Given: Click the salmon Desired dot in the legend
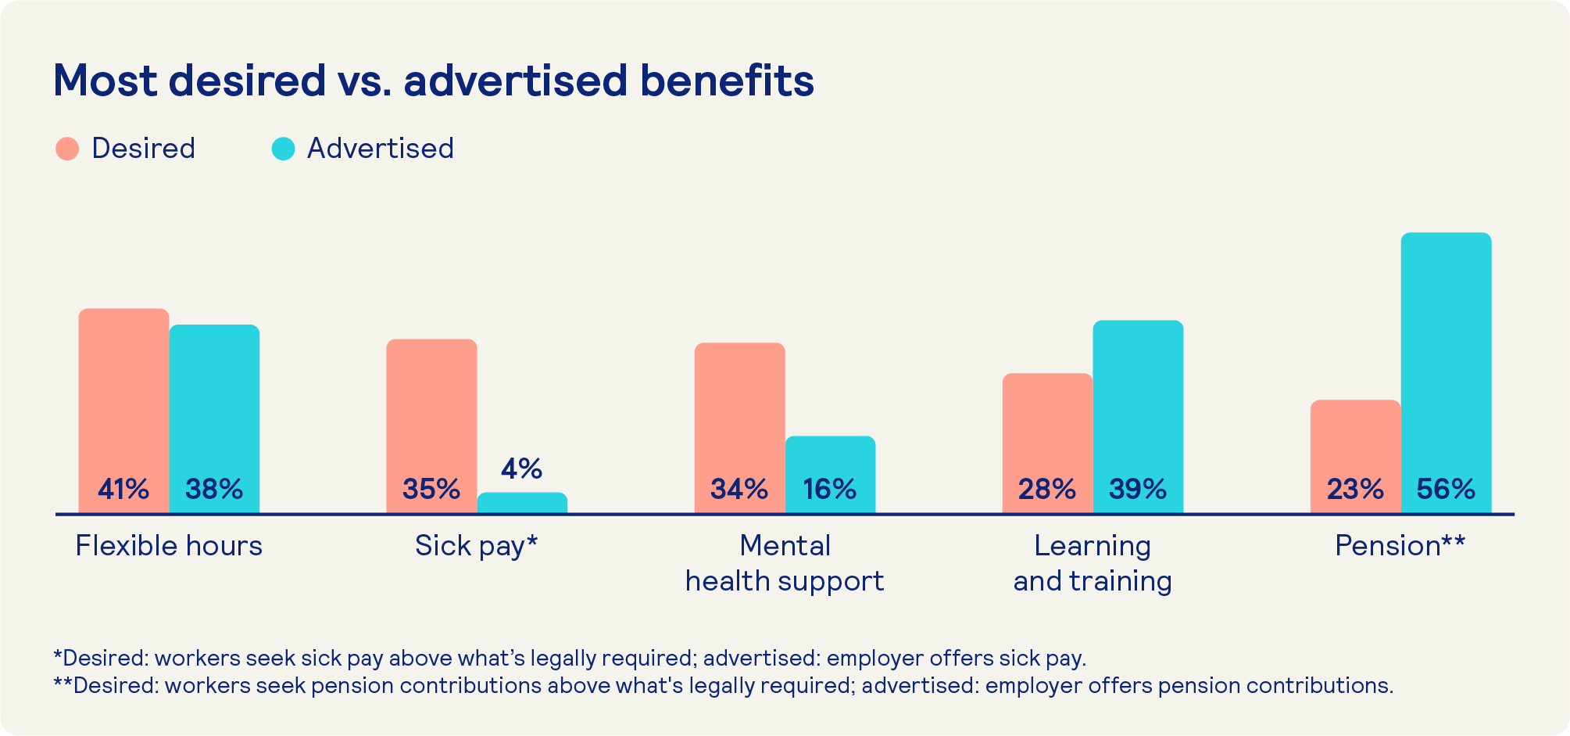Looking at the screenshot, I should [x=67, y=149].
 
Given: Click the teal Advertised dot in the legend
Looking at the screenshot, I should [x=283, y=149].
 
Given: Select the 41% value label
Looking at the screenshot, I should [x=123, y=490].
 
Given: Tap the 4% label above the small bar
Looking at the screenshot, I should [x=521, y=469].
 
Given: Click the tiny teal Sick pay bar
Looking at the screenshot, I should [x=522, y=503].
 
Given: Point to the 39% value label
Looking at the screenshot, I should [x=1137, y=490].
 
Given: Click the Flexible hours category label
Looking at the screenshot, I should [x=169, y=546].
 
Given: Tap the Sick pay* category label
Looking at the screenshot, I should [x=476, y=546].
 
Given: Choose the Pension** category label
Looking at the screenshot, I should [x=1400, y=546].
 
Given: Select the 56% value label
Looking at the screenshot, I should [x=1446, y=490].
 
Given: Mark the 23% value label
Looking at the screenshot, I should [x=1354, y=490].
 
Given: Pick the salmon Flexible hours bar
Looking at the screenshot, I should [x=123, y=391].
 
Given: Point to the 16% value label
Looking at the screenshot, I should [x=829, y=490].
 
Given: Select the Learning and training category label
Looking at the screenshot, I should [x=1093, y=563].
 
